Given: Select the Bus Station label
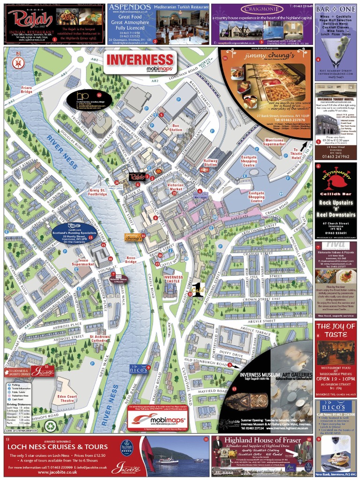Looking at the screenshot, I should (177, 127).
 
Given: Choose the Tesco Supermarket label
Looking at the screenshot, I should (83, 263).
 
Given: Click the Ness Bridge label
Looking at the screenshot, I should (130, 259).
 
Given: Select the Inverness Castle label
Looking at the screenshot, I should (173, 279).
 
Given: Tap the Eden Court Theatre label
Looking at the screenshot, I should (67, 399).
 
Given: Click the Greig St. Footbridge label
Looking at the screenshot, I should (98, 192).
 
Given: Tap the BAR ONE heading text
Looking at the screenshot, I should (335, 9).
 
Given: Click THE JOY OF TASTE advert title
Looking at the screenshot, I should (336, 330).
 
